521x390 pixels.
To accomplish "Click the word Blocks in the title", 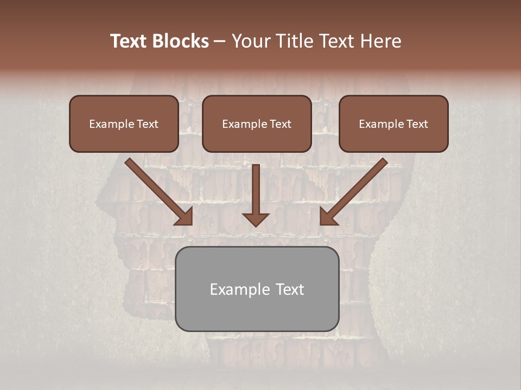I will (x=180, y=41).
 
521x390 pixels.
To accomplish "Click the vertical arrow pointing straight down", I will (x=256, y=195).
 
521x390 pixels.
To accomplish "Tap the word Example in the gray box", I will (x=234, y=289).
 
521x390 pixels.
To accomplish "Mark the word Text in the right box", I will (x=417, y=124).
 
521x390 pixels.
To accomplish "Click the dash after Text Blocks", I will (x=220, y=41).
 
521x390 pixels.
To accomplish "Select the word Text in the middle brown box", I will (x=281, y=124).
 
